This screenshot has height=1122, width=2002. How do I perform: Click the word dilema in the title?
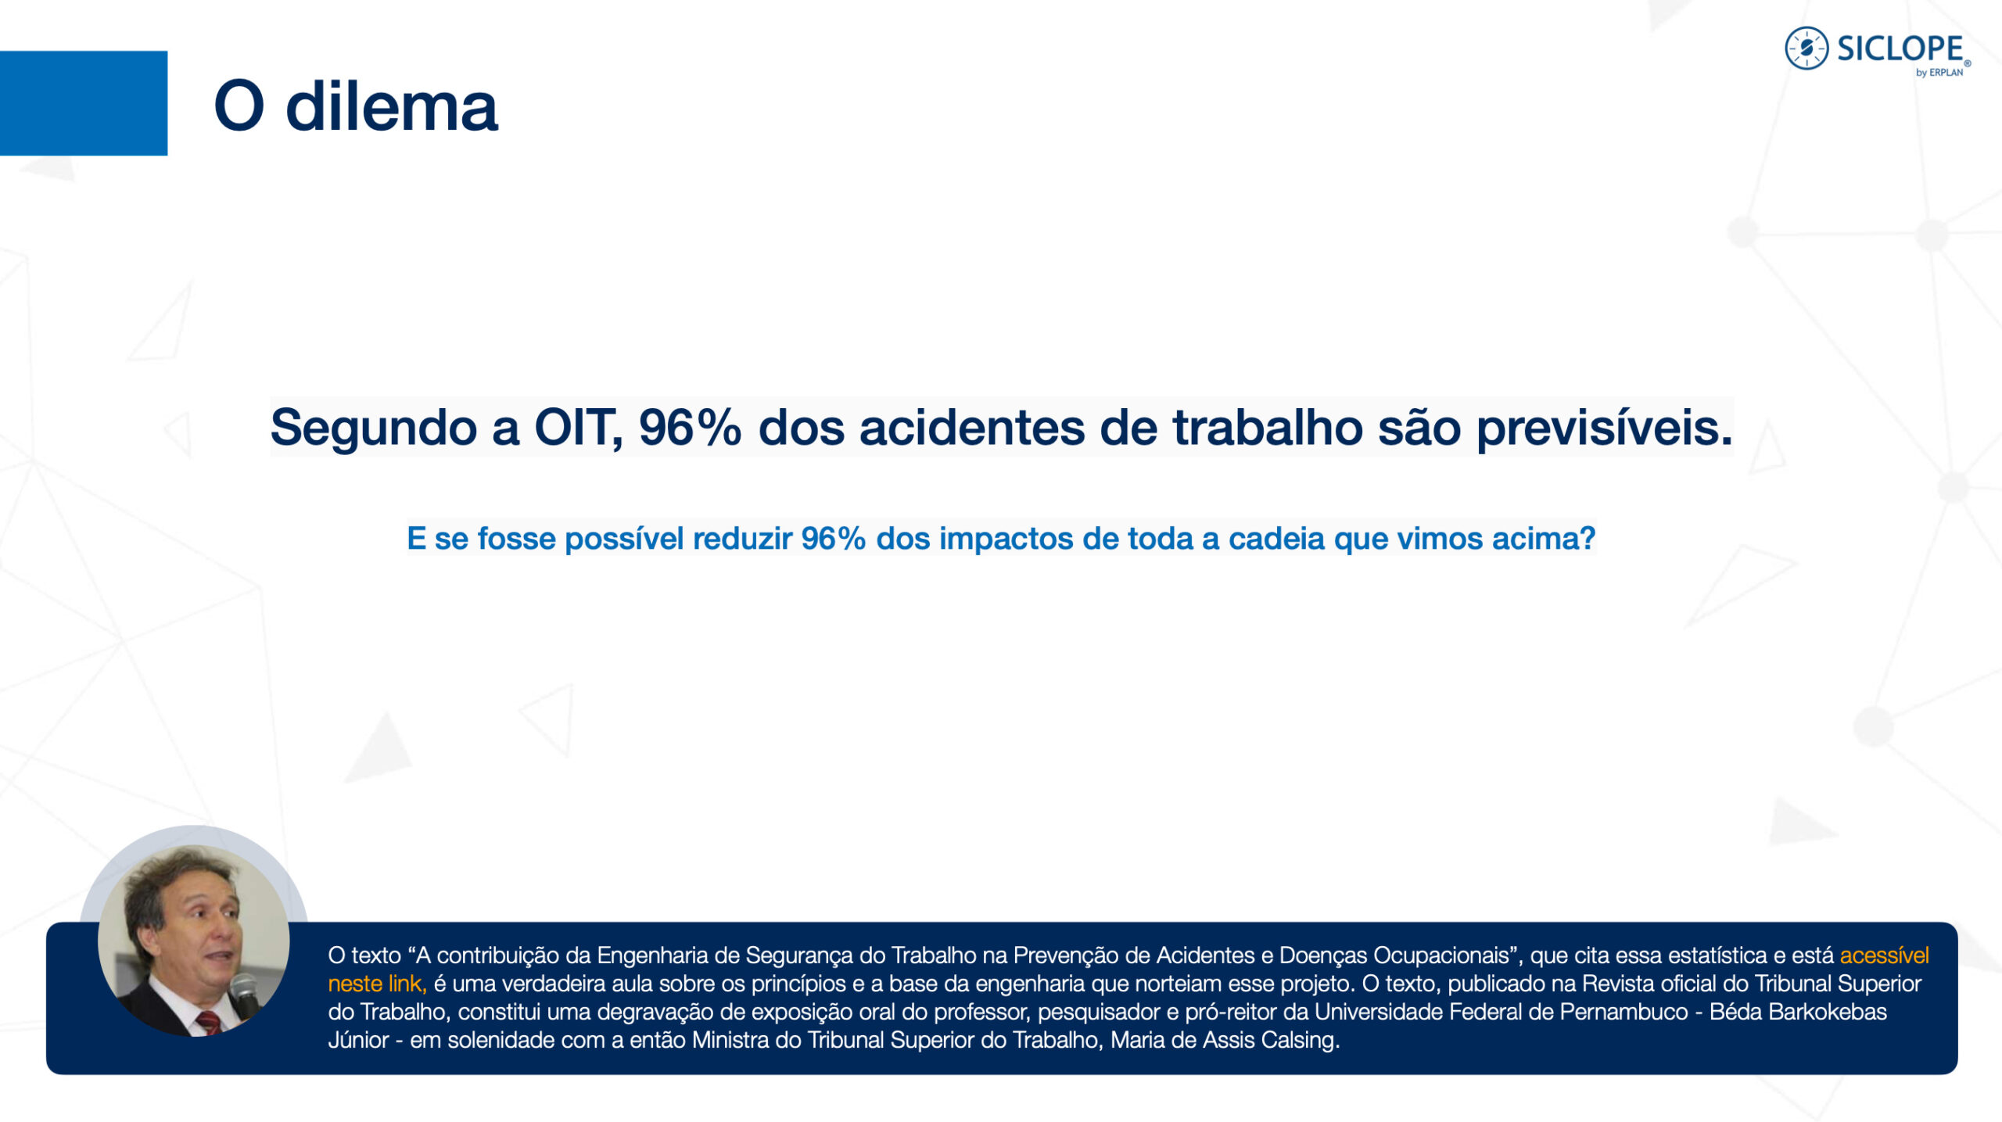392,106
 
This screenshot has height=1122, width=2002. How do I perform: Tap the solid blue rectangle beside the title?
84,103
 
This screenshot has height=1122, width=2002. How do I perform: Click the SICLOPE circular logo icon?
1806,48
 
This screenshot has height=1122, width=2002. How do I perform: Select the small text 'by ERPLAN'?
1939,73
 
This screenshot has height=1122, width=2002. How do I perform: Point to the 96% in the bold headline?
690,428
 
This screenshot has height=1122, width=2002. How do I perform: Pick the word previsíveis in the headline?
1605,428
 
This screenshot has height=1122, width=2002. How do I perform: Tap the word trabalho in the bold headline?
1268,428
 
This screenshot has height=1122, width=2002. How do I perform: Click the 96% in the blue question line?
834,539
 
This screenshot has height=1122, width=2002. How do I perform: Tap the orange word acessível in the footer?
1885,955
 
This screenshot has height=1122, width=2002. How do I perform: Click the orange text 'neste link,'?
377,984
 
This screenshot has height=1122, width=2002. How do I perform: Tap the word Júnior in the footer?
358,1041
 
